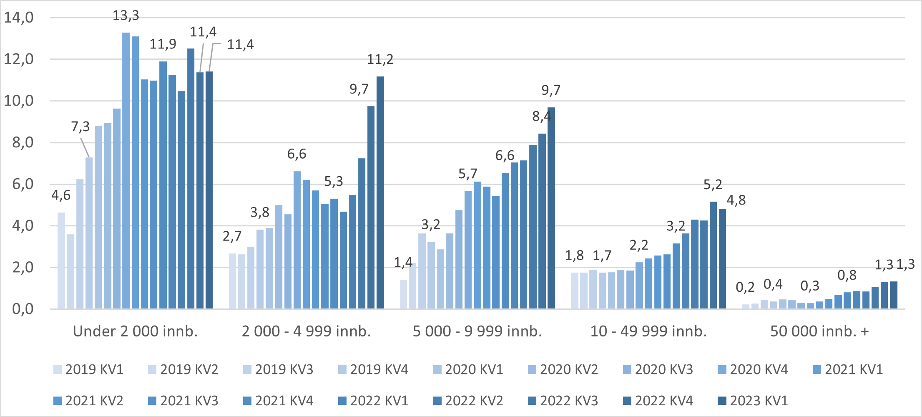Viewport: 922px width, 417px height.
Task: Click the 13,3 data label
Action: click(x=126, y=16)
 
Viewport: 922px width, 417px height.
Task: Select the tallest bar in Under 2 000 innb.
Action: click(x=126, y=171)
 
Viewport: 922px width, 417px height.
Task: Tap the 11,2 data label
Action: click(x=380, y=60)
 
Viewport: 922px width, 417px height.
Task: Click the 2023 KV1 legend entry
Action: click(x=752, y=401)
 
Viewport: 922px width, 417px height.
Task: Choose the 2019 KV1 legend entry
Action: click(x=88, y=369)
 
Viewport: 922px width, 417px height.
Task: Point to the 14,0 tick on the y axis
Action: click(x=19, y=18)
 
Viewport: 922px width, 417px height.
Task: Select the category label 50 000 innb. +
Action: click(x=819, y=331)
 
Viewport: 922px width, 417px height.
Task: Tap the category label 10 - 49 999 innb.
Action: click(x=648, y=331)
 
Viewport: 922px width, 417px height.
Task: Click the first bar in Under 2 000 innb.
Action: click(x=61, y=261)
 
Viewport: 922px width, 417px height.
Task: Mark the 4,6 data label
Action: click(x=61, y=195)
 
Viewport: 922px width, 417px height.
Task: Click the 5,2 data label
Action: click(x=713, y=185)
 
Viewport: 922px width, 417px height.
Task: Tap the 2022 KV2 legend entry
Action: click(x=468, y=401)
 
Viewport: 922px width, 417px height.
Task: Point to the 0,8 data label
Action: click(x=847, y=275)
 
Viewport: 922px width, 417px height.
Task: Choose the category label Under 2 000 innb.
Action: click(x=135, y=331)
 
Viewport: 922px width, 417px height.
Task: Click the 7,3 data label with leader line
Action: click(x=80, y=126)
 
